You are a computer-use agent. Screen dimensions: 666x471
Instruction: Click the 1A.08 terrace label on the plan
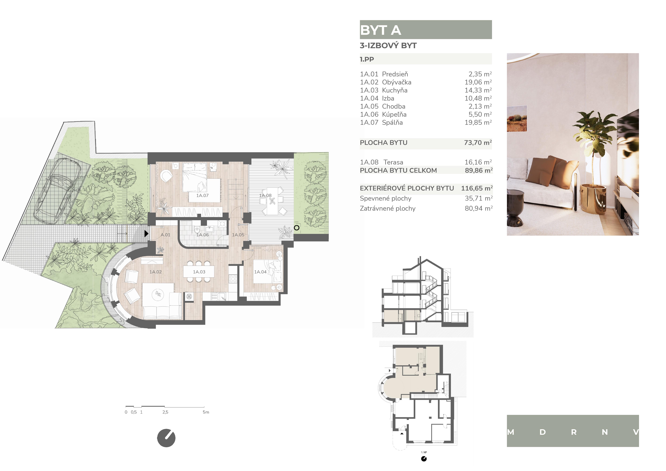click(265, 195)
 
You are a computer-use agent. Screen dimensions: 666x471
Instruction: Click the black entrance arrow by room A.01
click(146, 233)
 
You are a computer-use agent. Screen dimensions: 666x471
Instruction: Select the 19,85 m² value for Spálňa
click(478, 122)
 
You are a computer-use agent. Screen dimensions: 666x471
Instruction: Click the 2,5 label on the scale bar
click(165, 412)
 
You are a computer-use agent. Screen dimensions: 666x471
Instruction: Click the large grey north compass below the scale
click(166, 438)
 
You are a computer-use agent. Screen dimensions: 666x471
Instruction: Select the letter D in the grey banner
click(542, 432)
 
